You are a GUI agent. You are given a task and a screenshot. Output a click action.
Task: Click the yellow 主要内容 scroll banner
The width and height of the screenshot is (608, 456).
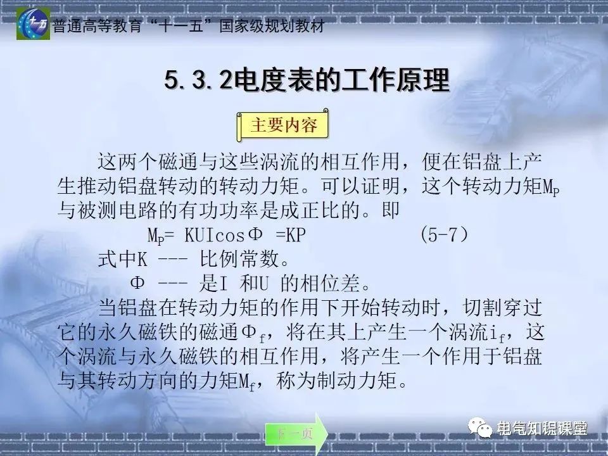point(284,125)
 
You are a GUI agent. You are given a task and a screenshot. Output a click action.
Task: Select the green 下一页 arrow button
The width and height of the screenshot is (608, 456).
point(296,434)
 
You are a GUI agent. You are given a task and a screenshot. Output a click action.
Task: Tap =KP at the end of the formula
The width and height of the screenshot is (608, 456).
point(291,236)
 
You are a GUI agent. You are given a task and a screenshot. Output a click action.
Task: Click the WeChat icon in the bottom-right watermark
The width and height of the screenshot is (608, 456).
point(483,429)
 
